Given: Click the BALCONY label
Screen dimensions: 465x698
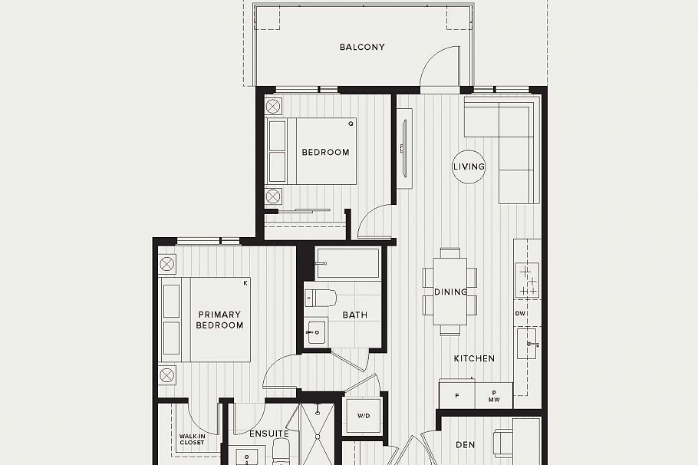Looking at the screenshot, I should tap(362, 48).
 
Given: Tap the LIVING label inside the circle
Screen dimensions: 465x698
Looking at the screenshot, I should tap(469, 167).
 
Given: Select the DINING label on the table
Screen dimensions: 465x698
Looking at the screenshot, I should tap(450, 292).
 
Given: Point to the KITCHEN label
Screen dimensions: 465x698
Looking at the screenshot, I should tap(474, 358).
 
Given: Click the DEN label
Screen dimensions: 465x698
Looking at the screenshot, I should tap(466, 444).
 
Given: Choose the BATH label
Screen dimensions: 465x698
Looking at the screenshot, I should tap(354, 315).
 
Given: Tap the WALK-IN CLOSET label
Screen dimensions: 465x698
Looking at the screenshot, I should tap(192, 440).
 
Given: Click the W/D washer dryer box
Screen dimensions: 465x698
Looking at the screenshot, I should tap(363, 416).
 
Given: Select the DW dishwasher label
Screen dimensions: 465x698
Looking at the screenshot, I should tap(520, 314).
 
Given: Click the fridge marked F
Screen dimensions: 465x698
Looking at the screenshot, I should tap(457, 396).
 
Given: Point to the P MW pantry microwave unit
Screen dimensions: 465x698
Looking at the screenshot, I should tap(494, 396).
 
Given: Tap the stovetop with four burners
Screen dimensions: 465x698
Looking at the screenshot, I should tap(528, 280).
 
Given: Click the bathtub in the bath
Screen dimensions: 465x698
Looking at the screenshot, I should tap(347, 263).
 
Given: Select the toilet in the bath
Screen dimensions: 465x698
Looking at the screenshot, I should tap(321, 297).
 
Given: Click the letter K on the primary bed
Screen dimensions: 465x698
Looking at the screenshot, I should tap(245, 283).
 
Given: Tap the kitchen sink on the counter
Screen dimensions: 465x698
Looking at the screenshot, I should tap(528, 344).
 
